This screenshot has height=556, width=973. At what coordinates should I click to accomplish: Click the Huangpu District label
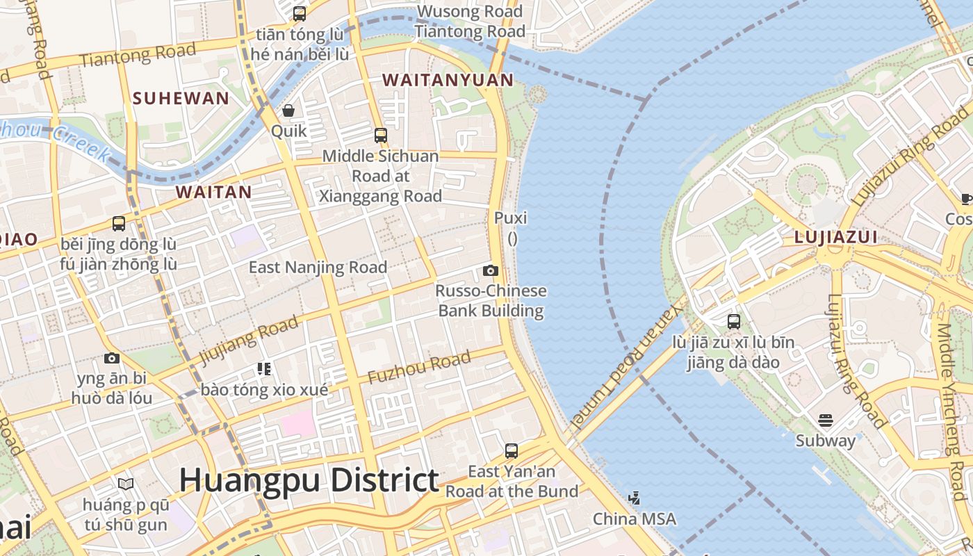click(309, 480)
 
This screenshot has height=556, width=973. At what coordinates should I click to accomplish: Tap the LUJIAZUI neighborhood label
click(835, 238)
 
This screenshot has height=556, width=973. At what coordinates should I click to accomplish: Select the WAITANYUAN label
click(448, 80)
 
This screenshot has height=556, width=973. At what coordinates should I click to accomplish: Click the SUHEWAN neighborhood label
click(181, 98)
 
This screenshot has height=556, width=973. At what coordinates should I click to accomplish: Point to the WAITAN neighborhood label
click(213, 192)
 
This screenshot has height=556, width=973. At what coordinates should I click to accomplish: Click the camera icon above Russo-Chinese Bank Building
click(491, 270)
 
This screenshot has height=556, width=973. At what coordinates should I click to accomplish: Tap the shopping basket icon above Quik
click(288, 111)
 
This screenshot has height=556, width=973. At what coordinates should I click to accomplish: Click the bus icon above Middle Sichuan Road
click(380, 135)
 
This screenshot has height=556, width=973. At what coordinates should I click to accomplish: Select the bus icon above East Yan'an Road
click(512, 450)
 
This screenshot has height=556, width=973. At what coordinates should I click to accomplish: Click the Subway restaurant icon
click(826, 420)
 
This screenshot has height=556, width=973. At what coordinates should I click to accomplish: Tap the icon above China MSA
click(634, 498)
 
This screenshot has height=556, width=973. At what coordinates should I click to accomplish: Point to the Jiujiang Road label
click(249, 340)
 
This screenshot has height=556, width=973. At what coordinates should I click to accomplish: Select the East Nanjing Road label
click(318, 267)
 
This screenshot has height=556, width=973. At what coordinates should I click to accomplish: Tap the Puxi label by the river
click(511, 218)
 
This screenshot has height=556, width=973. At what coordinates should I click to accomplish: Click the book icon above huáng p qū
click(126, 484)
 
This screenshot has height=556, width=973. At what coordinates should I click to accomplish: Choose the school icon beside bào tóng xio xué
click(263, 368)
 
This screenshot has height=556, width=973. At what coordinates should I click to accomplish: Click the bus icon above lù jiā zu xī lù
click(734, 321)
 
